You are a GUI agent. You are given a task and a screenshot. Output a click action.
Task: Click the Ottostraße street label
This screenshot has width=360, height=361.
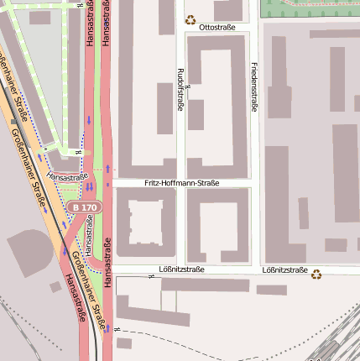tap(217, 28)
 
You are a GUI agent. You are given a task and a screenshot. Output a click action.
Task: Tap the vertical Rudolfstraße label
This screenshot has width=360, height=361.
tap(180, 90)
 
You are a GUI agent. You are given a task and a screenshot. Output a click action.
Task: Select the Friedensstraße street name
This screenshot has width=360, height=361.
tap(254, 86)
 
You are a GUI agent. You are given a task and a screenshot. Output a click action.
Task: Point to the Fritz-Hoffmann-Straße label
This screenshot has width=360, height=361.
tap(181, 182)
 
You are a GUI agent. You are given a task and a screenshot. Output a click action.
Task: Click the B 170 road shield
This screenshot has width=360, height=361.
tap(84, 207)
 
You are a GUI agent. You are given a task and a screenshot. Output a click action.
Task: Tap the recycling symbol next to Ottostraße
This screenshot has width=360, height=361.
tap(190, 19)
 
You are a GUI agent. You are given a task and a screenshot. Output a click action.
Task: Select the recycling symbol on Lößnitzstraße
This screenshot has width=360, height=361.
tap(316, 274)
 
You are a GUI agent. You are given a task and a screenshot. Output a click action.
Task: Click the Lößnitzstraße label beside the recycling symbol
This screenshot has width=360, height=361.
tap(284, 270)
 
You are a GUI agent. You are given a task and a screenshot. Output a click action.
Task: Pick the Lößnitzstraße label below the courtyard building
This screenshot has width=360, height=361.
tap(181, 270)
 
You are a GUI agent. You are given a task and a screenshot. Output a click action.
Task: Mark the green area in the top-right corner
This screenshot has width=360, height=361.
tap(310, 8)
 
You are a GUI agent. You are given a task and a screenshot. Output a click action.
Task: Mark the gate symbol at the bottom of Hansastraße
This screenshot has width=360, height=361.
tap(118, 329)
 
